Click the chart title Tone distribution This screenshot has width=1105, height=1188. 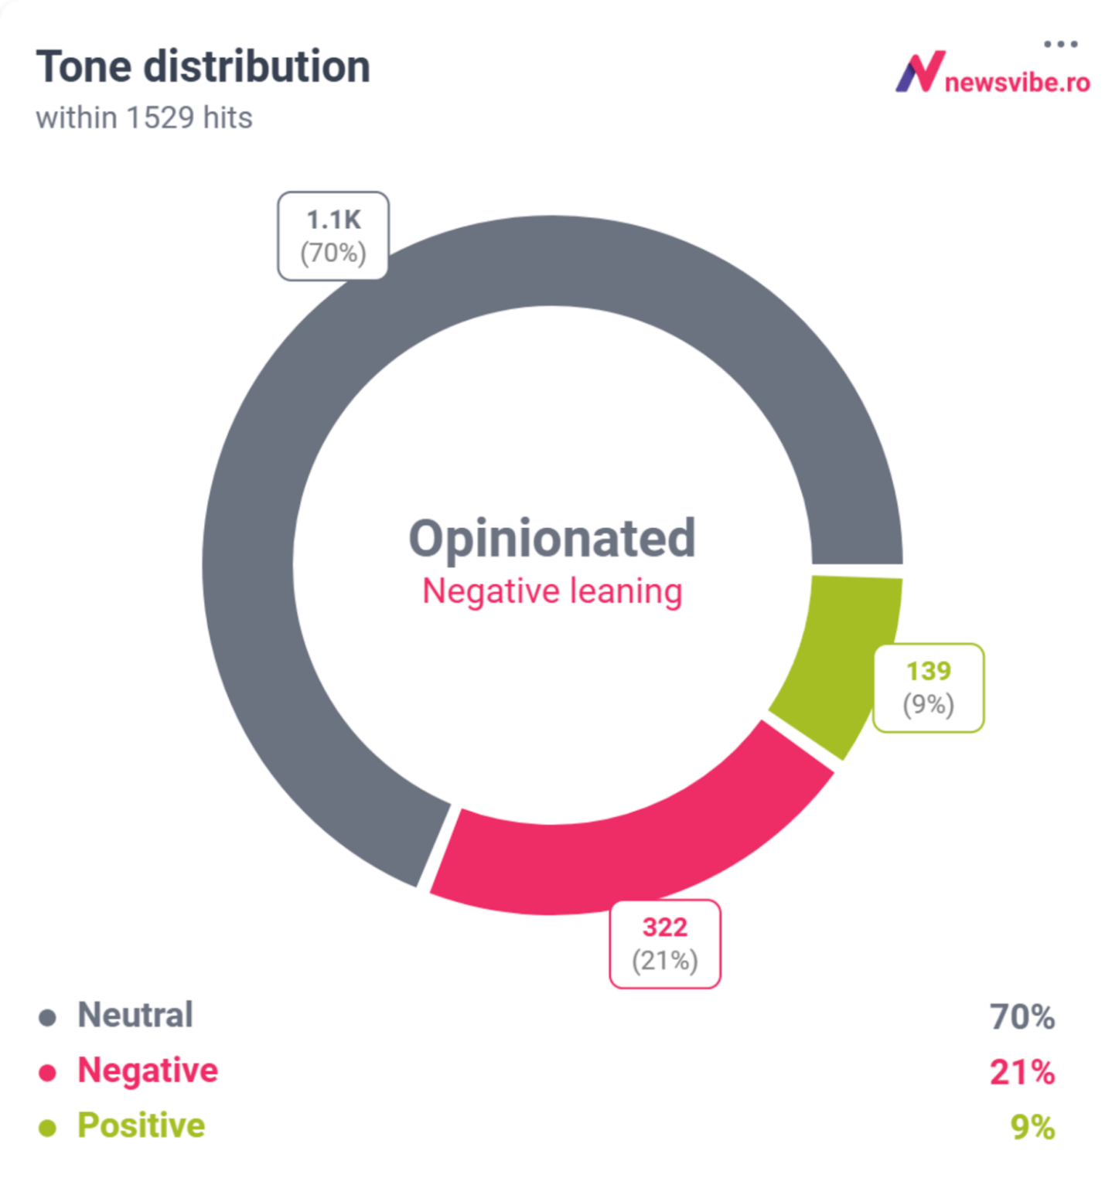coord(203,66)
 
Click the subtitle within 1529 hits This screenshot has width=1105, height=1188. coord(144,118)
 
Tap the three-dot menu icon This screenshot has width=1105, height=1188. coord(1060,44)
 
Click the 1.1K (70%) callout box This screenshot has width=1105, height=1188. coord(333,236)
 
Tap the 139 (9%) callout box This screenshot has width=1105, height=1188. coord(929,687)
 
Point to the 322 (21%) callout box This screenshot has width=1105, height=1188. coord(665,944)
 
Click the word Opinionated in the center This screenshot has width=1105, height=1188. coord(552,539)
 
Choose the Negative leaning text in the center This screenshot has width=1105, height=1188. coord(552,591)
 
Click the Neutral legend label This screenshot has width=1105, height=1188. coord(135,1015)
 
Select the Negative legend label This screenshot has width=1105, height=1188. coord(148,1071)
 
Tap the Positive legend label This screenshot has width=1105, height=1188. coord(142,1125)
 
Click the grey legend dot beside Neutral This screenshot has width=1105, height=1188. coord(47,1017)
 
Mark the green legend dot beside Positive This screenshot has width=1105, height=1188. coord(47,1128)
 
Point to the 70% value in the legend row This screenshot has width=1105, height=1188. coord(1022,1017)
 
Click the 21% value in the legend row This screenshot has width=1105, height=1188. coord(1022,1073)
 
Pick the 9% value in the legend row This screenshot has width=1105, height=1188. coord(1033,1128)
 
